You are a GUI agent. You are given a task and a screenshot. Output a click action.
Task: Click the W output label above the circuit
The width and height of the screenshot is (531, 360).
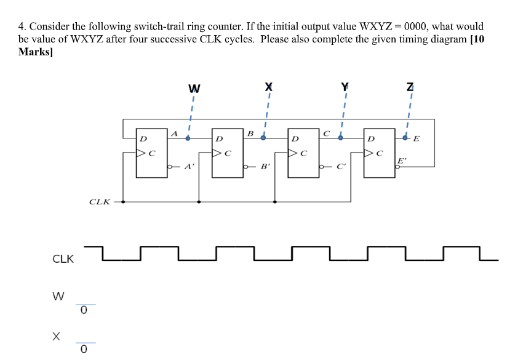click(x=194, y=89)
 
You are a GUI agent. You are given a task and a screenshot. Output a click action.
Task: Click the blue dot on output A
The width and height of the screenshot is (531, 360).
click(x=188, y=138)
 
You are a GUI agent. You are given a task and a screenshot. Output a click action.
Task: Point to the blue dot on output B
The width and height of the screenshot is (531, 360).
click(x=263, y=138)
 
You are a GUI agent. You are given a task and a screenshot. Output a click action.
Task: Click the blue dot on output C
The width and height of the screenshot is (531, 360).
click(x=340, y=138)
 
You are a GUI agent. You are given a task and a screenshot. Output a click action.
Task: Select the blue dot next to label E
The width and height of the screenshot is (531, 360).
click(x=405, y=138)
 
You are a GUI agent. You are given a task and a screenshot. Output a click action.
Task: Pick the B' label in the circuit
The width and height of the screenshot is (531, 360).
click(x=265, y=166)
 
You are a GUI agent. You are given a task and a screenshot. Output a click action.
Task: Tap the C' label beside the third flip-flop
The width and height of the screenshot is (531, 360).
click(x=342, y=166)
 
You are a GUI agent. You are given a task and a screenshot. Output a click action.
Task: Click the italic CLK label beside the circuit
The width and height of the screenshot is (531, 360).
click(x=100, y=201)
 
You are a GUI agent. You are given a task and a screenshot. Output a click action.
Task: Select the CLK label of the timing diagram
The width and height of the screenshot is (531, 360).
click(x=63, y=259)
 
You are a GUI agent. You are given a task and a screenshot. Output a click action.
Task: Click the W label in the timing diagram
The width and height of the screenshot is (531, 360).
click(x=58, y=297)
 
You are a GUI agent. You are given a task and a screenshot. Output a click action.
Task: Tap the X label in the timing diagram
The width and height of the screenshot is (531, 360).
click(x=56, y=337)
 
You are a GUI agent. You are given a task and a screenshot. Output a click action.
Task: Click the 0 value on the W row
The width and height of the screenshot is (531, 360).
click(x=84, y=311)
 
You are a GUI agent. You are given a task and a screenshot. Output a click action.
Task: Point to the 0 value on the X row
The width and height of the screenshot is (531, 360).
click(x=84, y=350)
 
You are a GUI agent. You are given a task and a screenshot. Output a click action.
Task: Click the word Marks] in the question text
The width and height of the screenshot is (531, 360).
click(x=36, y=51)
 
